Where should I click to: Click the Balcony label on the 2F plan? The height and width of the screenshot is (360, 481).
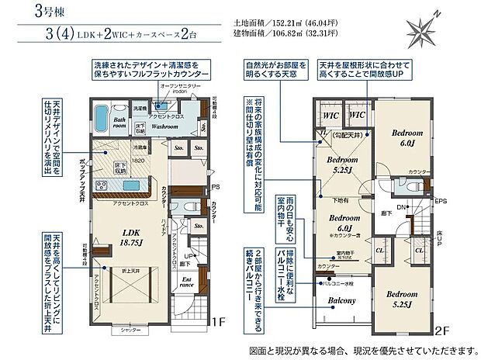[x=341, y=301]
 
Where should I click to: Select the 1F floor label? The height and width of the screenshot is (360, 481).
[x=218, y=320]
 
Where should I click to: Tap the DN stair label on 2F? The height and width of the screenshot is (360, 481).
[x=400, y=207]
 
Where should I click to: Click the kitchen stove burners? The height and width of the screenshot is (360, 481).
[x=102, y=186]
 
